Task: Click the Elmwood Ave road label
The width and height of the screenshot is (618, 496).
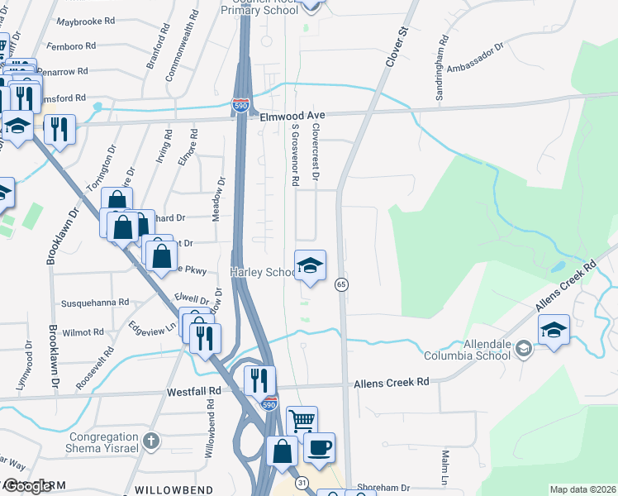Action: coord(289,117)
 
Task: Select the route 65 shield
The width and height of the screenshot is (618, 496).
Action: coord(340,284)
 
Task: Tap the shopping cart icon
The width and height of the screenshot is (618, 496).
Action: coord(302,420)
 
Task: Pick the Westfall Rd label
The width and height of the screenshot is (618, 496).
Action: coord(196,390)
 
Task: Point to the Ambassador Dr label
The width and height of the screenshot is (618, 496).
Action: coord(474,60)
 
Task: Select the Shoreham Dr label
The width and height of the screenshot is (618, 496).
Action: coord(383,487)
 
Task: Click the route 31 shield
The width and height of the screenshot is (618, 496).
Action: coord(302,482)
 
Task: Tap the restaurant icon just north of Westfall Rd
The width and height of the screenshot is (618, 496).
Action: coord(259,379)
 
